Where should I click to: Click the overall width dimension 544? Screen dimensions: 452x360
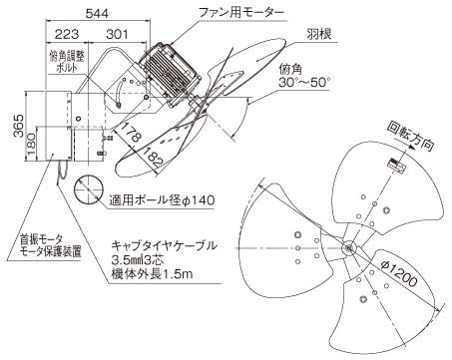point(97,14)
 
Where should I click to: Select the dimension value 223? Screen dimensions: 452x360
point(67,34)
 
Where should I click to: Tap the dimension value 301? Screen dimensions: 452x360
point(117,34)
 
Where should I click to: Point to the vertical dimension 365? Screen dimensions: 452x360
point(19,126)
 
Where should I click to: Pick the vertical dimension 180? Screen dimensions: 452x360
point(32,144)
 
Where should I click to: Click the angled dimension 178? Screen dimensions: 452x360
point(130,133)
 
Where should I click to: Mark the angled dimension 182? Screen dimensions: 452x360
point(153,157)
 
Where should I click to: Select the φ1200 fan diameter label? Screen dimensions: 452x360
point(398,274)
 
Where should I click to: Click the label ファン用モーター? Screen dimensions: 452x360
point(241,13)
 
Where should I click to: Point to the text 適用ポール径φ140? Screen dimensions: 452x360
point(162,200)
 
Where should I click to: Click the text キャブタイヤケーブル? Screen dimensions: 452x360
point(165,246)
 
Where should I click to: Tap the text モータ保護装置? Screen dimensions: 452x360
point(51,251)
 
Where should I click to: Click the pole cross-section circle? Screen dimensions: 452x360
point(89,188)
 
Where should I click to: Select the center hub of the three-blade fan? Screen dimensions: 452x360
point(348,248)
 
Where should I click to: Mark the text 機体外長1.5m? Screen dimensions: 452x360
point(153,274)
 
